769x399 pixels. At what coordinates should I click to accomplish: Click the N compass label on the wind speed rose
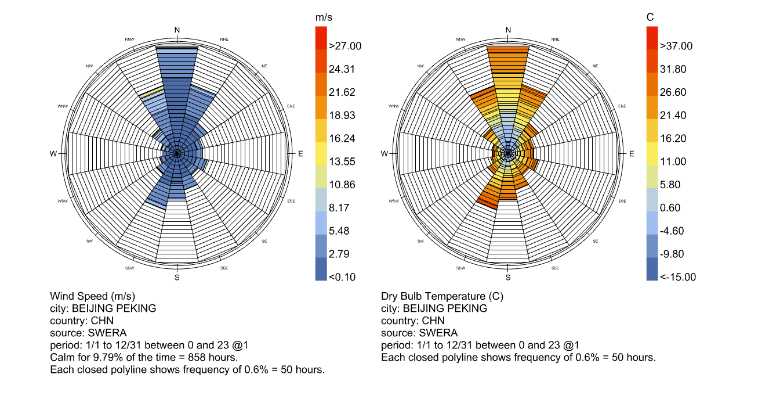(x=177, y=30)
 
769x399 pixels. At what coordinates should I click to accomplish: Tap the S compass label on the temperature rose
(x=508, y=277)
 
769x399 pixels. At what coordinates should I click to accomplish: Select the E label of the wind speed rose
(x=300, y=154)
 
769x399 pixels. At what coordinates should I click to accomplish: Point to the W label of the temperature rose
(x=384, y=154)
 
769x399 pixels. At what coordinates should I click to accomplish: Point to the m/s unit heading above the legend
(x=324, y=17)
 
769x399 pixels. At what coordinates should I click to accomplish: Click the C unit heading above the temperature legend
(x=650, y=17)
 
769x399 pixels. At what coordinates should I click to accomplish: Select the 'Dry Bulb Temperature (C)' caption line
(x=442, y=296)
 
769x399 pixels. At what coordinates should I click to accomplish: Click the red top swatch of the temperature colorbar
(x=652, y=38)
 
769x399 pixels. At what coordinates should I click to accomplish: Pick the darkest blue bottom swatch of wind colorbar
(x=321, y=269)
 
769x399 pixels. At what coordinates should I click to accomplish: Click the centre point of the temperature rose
(x=508, y=154)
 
